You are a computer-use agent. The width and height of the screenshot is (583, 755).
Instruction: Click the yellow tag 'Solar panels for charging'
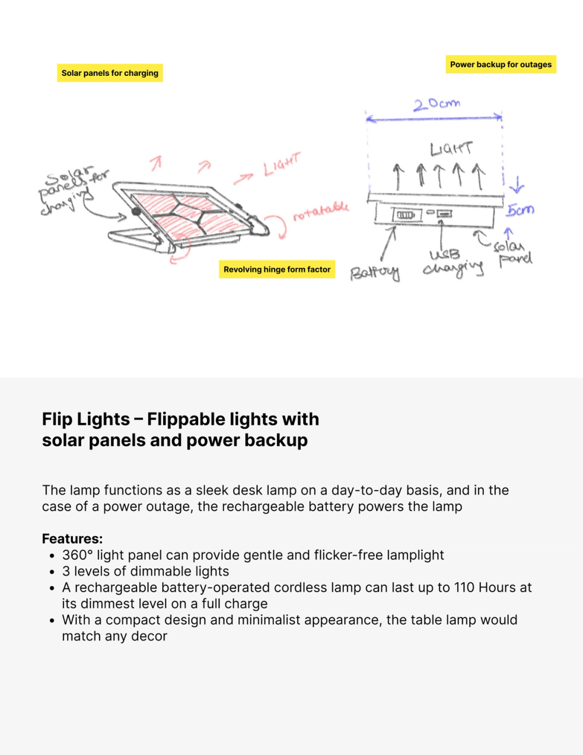110,73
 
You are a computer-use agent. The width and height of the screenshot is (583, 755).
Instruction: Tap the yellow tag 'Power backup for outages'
501,64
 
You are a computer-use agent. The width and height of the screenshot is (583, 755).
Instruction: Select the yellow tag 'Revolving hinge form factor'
277,269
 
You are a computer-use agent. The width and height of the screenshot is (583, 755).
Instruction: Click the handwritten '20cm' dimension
437,104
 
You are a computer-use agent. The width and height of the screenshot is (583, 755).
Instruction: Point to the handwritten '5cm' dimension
520,209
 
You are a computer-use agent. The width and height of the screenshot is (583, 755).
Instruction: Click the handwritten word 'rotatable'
321,211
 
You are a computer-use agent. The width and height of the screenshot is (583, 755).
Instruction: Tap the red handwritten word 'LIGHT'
282,165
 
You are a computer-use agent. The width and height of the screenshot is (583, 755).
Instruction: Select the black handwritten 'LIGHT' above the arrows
451,149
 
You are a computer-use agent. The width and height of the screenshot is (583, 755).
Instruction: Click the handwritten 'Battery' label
375,273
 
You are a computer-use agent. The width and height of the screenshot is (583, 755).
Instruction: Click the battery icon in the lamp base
406,215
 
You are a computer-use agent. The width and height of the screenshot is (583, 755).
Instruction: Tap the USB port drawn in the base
444,214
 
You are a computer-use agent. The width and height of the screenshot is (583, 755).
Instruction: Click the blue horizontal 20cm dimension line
434,118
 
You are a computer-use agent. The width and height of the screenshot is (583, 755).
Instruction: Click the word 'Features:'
72,539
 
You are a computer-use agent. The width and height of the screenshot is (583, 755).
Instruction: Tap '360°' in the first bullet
78,555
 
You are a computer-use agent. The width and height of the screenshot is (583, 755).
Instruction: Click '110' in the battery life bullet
464,588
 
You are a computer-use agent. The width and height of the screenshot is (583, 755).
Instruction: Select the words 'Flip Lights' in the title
86,419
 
